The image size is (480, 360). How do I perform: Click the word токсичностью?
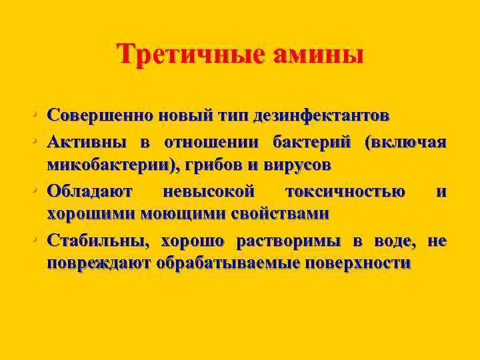pyautogui.click(x=345, y=193)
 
